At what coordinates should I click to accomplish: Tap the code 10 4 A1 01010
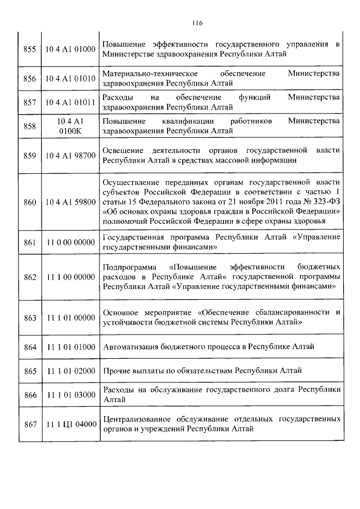(70, 78)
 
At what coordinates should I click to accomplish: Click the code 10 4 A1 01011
(70, 102)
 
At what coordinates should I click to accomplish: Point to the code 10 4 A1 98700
(70, 155)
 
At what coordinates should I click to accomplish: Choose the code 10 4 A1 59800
(70, 202)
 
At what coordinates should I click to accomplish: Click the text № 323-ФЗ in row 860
(322, 202)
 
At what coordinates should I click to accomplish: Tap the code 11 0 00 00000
(70, 242)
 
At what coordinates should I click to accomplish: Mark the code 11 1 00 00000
(70, 277)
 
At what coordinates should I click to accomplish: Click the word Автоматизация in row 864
(130, 346)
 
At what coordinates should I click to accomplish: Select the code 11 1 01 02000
(70, 371)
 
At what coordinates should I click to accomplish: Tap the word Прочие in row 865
(116, 371)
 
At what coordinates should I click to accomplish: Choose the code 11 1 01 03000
(70, 395)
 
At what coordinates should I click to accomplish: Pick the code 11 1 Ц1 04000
(70, 424)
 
